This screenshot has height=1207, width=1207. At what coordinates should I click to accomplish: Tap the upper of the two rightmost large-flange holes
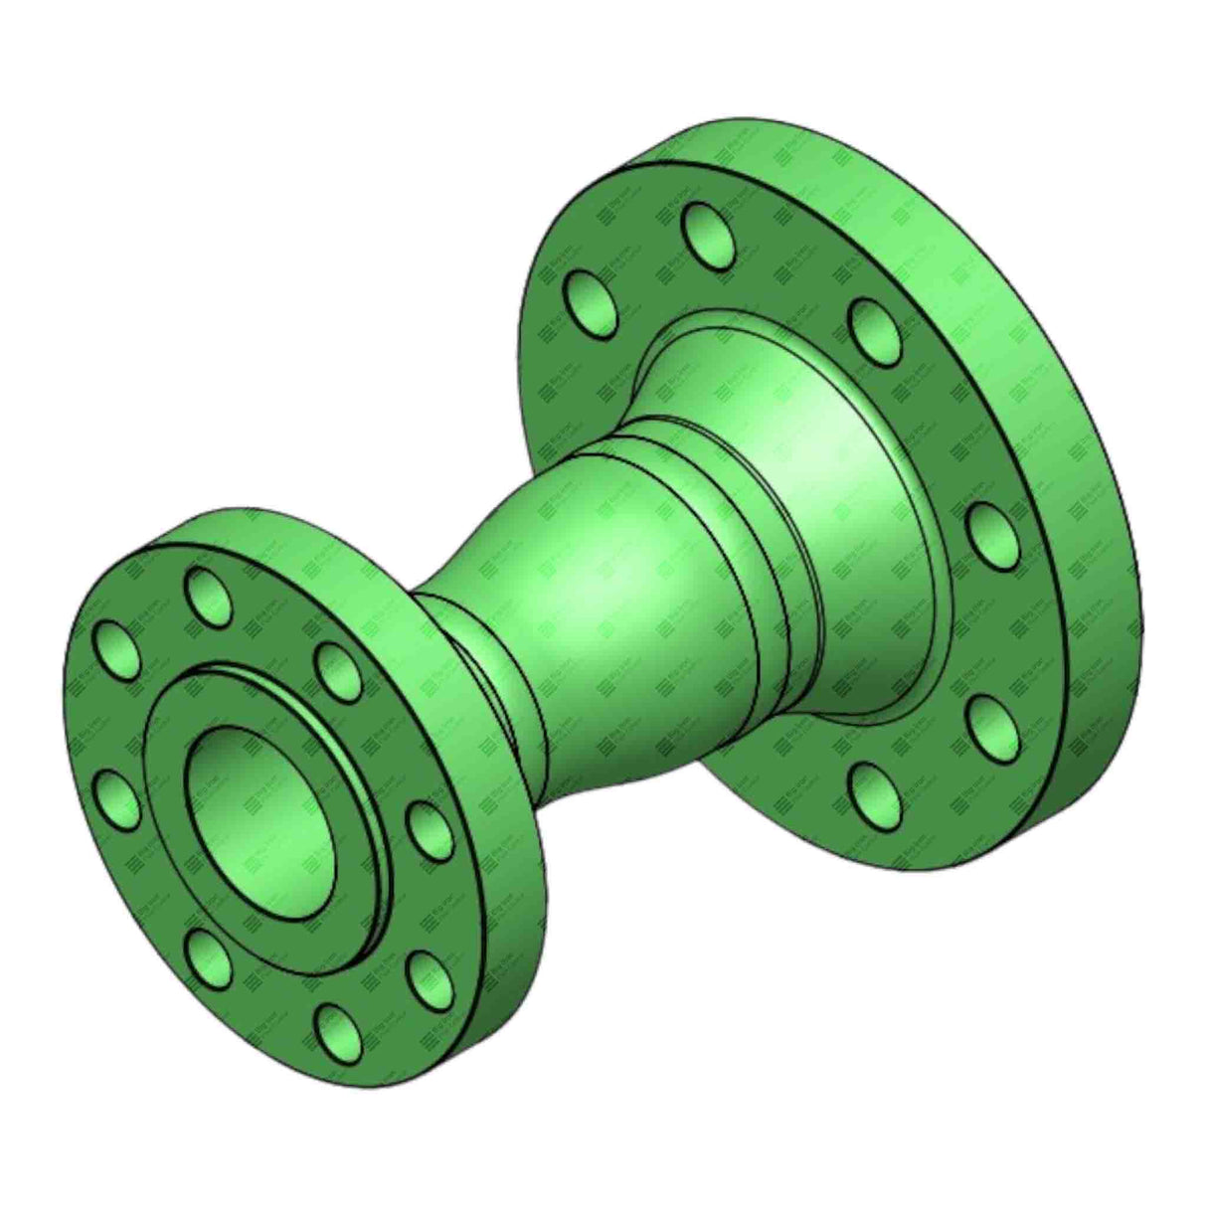point(990,531)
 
